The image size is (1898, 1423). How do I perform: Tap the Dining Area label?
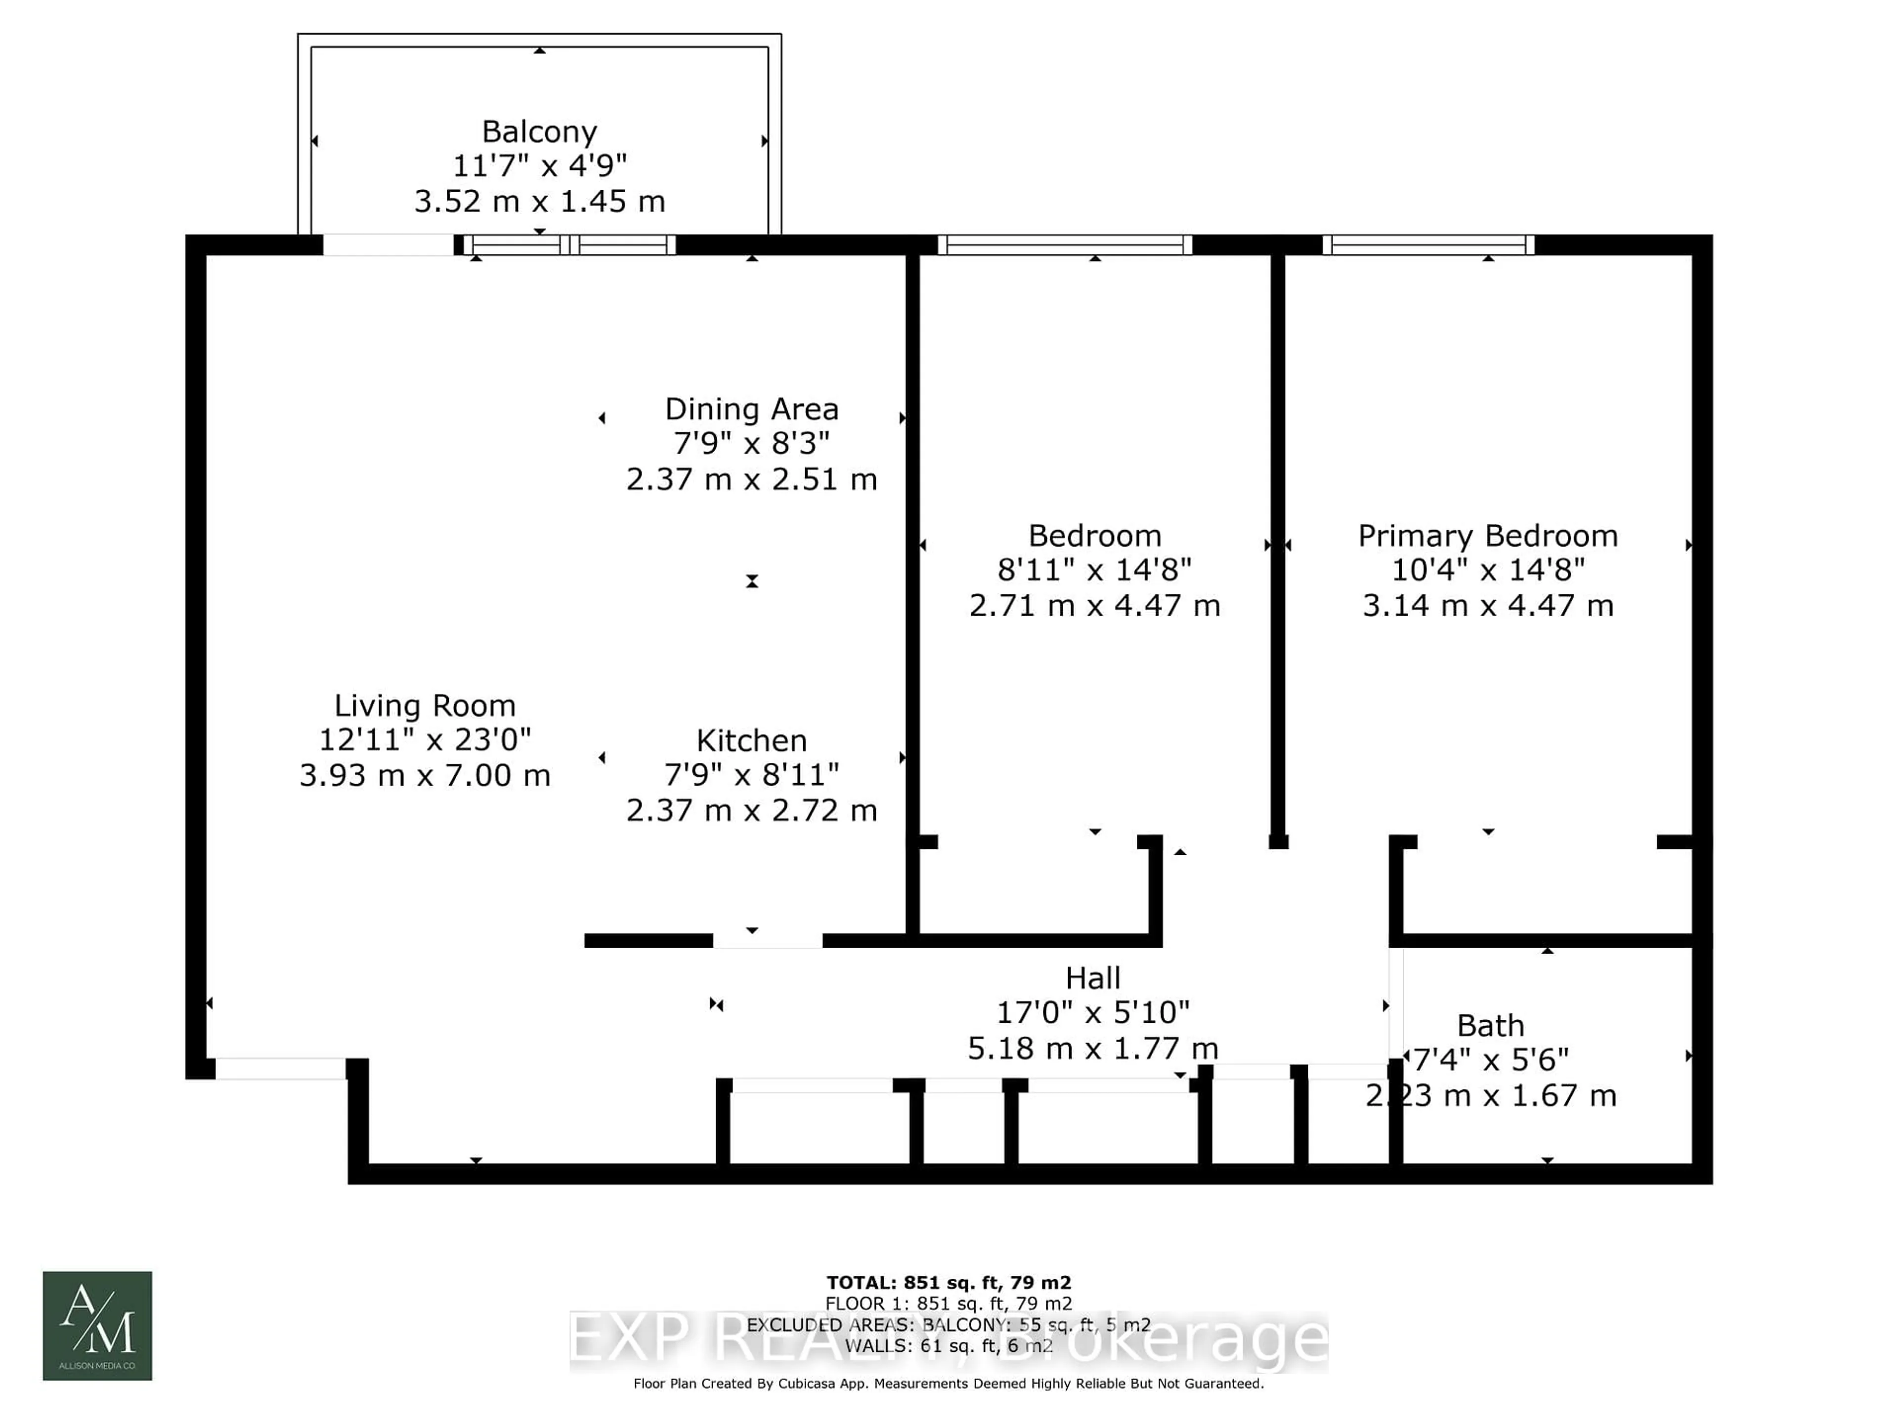[x=752, y=409]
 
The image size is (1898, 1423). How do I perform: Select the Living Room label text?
[x=425, y=706]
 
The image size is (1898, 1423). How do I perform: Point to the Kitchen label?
[x=752, y=740]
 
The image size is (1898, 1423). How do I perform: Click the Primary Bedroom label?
[x=1488, y=536]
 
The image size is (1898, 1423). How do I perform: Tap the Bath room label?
[x=1490, y=1026]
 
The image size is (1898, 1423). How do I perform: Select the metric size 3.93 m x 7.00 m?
[x=425, y=775]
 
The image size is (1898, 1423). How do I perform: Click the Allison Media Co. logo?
[x=98, y=1325]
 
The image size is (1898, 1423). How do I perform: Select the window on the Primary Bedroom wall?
[x=1428, y=245]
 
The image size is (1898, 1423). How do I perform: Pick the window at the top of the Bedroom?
[x=1064, y=245]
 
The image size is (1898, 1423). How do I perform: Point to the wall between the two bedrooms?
[x=1278, y=549]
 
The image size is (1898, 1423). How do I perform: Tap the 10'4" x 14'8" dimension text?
[x=1488, y=570]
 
